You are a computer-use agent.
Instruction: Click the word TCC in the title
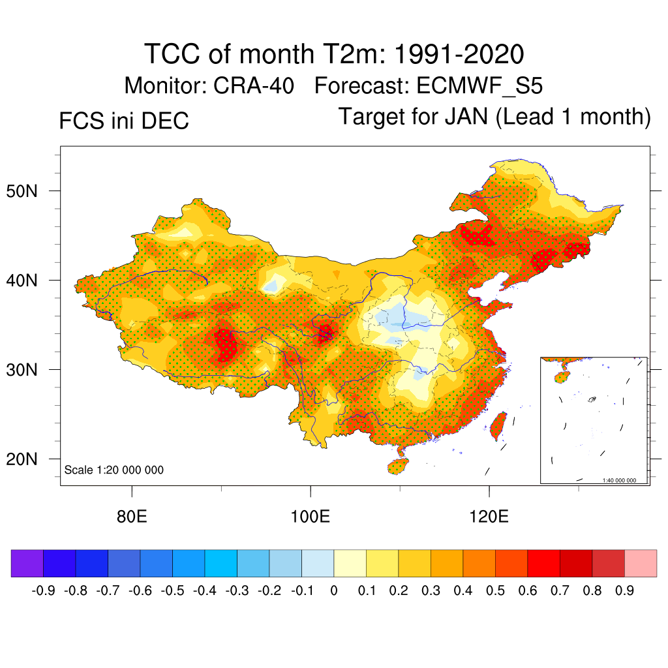tap(172, 53)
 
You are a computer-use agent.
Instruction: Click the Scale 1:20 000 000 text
tap(114, 470)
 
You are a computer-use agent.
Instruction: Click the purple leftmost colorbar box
tap(27, 564)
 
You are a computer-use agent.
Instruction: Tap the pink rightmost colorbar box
tap(641, 564)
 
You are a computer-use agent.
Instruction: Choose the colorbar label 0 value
tap(333, 591)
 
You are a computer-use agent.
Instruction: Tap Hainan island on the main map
tap(398, 466)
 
